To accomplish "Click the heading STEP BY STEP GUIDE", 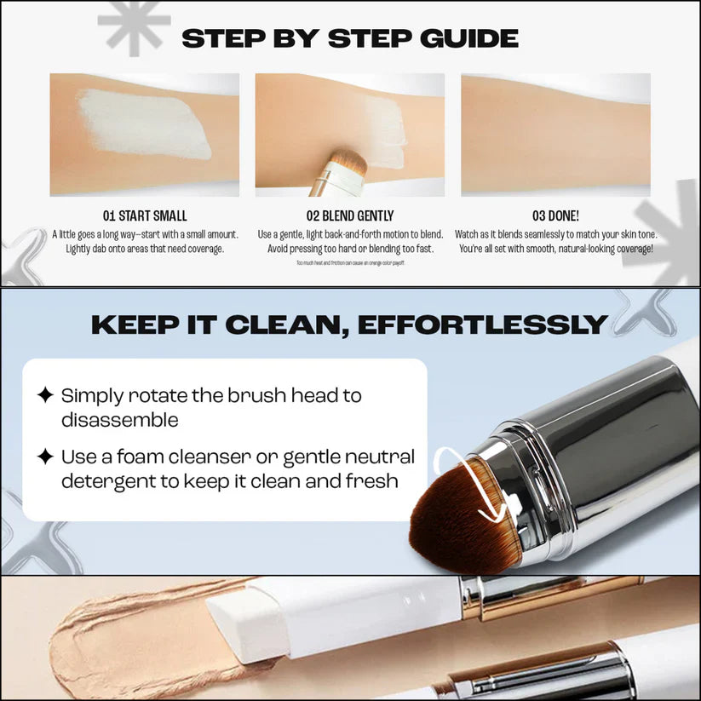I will (x=350, y=39).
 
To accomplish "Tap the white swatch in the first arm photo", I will (x=145, y=124).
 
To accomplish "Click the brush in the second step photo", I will (x=336, y=170).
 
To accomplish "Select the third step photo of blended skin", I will (x=555, y=135).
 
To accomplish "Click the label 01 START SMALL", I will (x=144, y=215).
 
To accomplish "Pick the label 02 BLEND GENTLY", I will (x=350, y=215).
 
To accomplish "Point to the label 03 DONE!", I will (x=555, y=215).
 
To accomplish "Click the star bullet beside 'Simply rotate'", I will (x=45, y=395).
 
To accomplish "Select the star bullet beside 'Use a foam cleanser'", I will (x=45, y=457).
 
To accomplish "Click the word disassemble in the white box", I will (x=119, y=420).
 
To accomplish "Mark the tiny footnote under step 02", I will (x=350, y=263).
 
